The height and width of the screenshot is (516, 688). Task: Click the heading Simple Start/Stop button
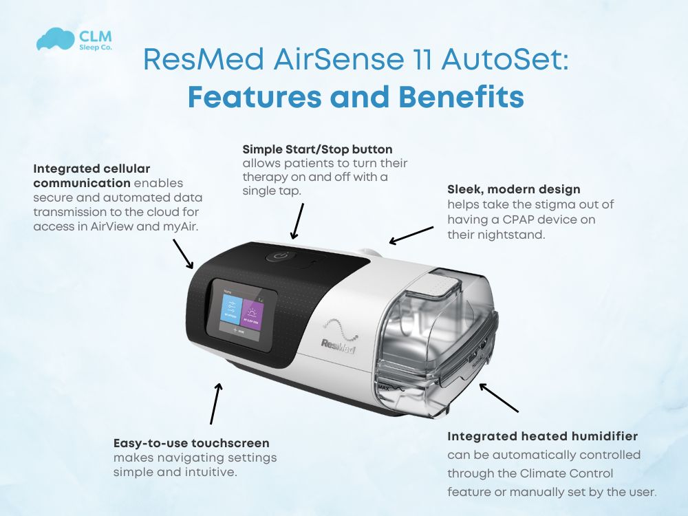317,149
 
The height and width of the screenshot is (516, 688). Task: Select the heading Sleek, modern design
513,189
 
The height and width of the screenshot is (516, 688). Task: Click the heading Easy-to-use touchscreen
191,443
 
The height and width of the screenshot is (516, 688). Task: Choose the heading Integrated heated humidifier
542,436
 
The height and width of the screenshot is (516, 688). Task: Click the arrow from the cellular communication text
183,254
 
